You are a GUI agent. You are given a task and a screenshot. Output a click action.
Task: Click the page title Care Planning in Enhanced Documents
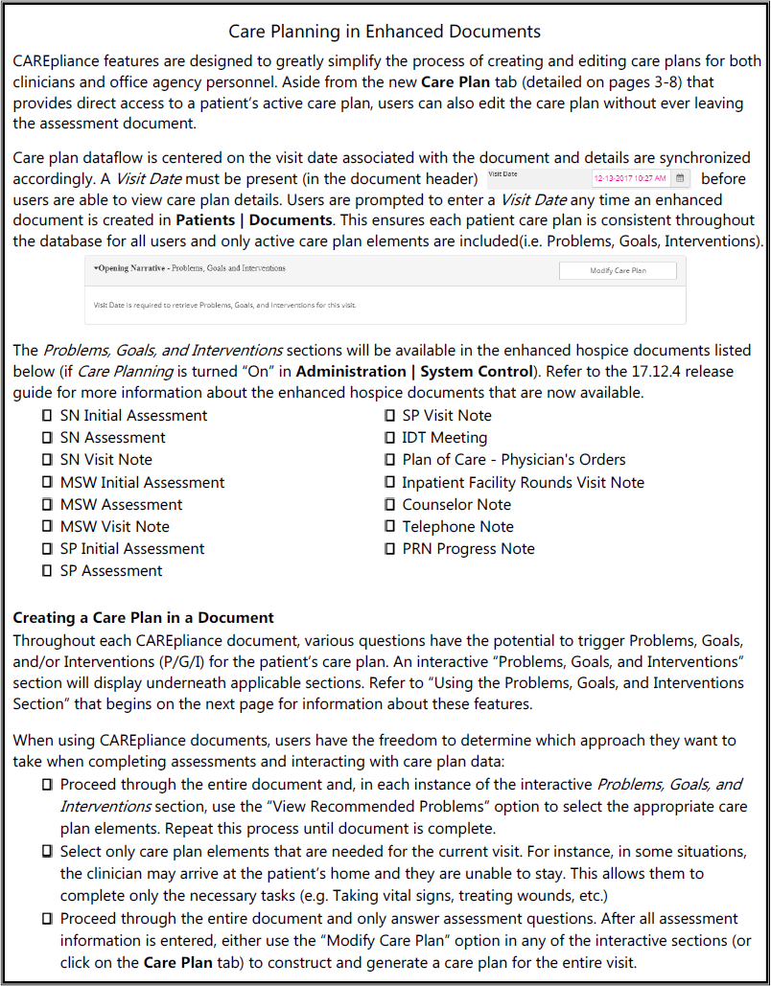click(385, 33)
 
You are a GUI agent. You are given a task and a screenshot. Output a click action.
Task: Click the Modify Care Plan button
click(617, 270)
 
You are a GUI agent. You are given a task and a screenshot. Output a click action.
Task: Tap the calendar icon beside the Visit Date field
click(679, 178)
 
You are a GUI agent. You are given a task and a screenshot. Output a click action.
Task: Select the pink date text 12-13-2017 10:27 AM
click(630, 178)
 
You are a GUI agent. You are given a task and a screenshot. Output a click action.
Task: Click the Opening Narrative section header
click(190, 268)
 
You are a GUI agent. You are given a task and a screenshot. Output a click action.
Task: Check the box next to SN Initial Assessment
click(47, 416)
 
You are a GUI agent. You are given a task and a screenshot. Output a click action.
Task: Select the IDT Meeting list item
click(444, 438)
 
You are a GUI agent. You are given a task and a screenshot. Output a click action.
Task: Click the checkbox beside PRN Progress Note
click(389, 549)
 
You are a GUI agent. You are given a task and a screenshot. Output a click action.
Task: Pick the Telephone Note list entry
click(457, 527)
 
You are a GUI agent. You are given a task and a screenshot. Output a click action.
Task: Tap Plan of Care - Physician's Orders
click(513, 460)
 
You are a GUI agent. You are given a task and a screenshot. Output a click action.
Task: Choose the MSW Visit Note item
click(114, 527)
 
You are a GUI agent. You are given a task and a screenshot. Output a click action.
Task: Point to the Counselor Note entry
click(456, 505)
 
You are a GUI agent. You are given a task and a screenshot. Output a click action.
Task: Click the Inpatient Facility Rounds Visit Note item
click(523, 483)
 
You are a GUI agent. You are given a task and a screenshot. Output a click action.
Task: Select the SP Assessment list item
click(111, 571)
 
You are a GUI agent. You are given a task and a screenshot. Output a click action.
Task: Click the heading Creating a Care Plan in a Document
click(144, 618)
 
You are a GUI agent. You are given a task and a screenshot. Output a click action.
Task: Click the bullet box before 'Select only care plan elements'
click(47, 852)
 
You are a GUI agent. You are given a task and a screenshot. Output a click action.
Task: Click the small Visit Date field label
click(502, 173)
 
